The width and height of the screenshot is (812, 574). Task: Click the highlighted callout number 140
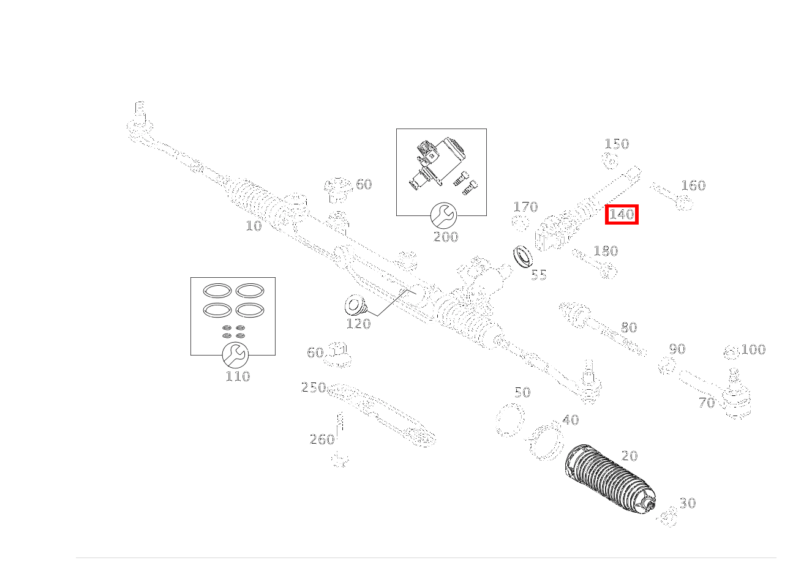(x=622, y=215)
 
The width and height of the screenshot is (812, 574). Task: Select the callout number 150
(x=617, y=144)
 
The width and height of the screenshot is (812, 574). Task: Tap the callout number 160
(x=693, y=185)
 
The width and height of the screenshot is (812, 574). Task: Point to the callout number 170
(x=525, y=207)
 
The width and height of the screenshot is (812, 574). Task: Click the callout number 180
(x=606, y=251)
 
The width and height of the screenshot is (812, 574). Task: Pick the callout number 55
(x=539, y=275)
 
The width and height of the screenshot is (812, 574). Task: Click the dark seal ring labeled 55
(x=522, y=256)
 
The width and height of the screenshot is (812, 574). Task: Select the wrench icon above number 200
(x=443, y=215)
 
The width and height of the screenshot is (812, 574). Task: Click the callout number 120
(x=358, y=324)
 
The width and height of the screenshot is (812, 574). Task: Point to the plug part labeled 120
(x=354, y=305)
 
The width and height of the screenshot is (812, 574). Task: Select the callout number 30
(x=688, y=503)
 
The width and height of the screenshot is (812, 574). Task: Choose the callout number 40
(x=570, y=420)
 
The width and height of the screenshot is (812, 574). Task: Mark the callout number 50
(x=522, y=392)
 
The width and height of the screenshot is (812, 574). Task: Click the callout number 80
(x=629, y=327)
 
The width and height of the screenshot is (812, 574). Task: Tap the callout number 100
(x=753, y=350)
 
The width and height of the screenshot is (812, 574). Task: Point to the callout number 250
(x=314, y=387)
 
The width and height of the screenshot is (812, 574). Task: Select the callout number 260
(x=322, y=439)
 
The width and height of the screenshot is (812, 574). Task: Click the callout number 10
(x=254, y=226)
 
